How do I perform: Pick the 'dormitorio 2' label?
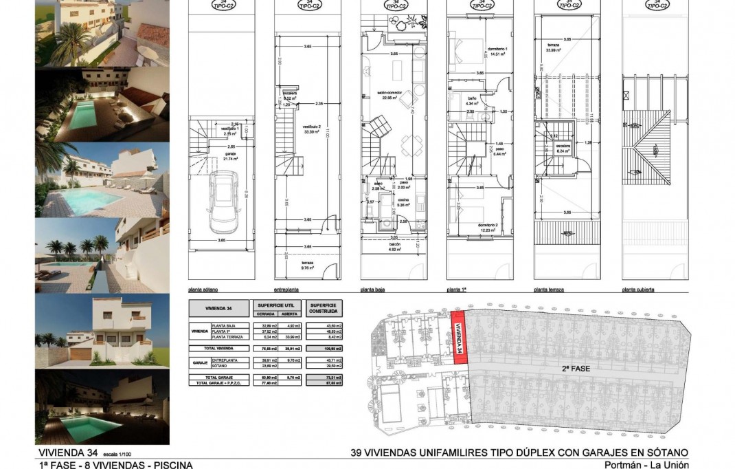pyautogui.click(x=487, y=226)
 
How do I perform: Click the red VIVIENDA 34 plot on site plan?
pyautogui.click(x=459, y=338)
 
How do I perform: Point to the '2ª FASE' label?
pyautogui.click(x=576, y=369)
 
